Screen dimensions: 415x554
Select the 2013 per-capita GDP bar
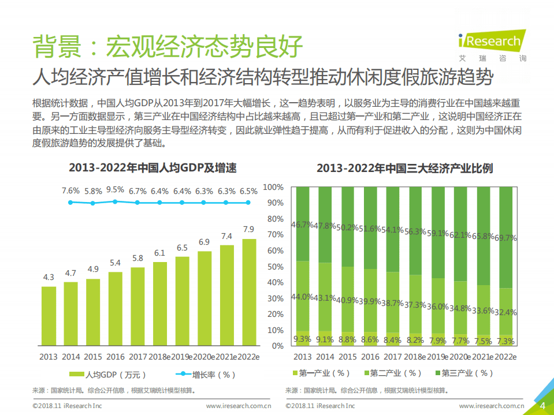pyautogui.click(x=49, y=315)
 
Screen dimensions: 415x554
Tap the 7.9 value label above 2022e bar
pyautogui.click(x=248, y=229)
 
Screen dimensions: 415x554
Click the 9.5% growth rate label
pyautogui.click(x=115, y=189)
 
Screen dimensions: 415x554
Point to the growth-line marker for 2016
pyautogui.click(x=115, y=201)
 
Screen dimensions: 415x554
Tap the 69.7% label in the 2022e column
pyautogui.click(x=505, y=237)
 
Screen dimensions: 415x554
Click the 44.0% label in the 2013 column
pyautogui.click(x=302, y=297)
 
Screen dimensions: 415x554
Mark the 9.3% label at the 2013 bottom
pyautogui.click(x=302, y=339)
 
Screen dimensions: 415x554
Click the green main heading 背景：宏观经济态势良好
pyautogui.click(x=167, y=46)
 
